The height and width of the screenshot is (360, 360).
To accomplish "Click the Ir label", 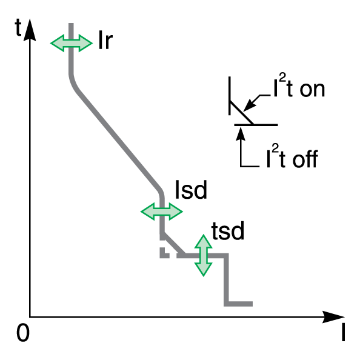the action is pyautogui.click(x=105, y=40).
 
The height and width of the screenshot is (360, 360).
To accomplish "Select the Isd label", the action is pyautogui.click(x=191, y=190).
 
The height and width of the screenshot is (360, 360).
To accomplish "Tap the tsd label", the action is pyautogui.click(x=228, y=231).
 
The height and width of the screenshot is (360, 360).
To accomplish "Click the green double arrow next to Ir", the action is pyautogui.click(x=72, y=43).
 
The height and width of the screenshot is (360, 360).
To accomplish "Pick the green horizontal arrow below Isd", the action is pyautogui.click(x=162, y=212).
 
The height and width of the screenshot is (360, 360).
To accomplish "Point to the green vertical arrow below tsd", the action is pyautogui.click(x=204, y=255).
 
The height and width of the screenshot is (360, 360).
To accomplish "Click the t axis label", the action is pyautogui.click(x=18, y=27).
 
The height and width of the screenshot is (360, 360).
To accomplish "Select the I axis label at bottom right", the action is pyautogui.click(x=343, y=333).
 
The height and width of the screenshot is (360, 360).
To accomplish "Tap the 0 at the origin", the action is pyautogui.click(x=23, y=333).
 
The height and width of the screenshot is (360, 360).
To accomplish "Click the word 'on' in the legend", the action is pyautogui.click(x=312, y=90).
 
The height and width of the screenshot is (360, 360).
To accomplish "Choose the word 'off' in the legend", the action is pyautogui.click(x=305, y=159).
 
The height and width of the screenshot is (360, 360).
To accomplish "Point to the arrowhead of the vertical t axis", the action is pyautogui.click(x=30, y=29).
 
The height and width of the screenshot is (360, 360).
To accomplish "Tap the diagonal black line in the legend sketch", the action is pyautogui.click(x=242, y=113).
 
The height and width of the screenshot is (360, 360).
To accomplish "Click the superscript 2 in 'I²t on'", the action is pyautogui.click(x=283, y=78).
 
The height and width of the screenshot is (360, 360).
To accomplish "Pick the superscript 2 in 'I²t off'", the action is pyautogui.click(x=275, y=148).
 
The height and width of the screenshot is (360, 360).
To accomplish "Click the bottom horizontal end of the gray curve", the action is pyautogui.click(x=239, y=304).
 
